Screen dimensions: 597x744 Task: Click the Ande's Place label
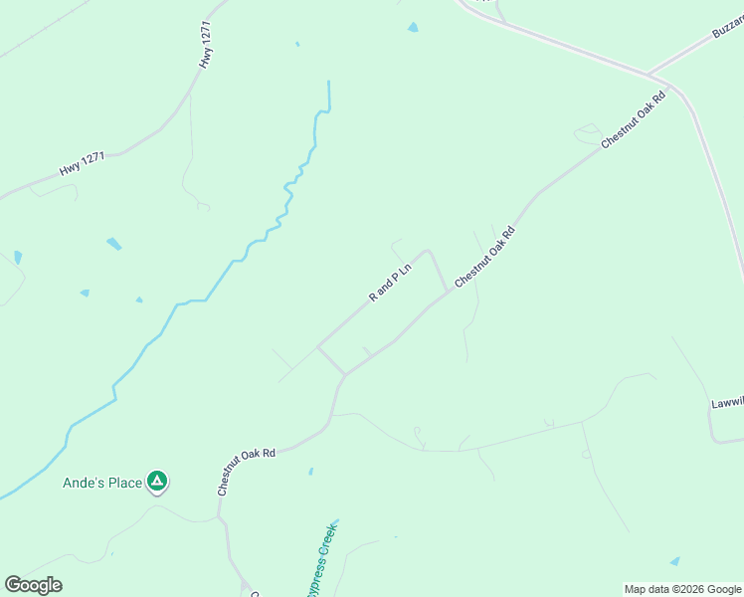click(102, 483)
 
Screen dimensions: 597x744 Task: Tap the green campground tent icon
click(156, 482)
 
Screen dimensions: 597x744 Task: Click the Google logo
click(33, 585)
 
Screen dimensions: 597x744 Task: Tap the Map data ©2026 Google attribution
click(682, 589)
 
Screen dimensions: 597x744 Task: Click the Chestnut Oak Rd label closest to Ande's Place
click(246, 472)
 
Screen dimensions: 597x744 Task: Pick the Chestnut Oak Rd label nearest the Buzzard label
click(633, 120)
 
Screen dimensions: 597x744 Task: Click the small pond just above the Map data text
click(675, 561)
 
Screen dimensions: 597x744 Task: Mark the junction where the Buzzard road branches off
click(648, 74)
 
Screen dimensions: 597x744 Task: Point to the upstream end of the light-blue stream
click(328, 83)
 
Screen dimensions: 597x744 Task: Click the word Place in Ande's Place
click(125, 483)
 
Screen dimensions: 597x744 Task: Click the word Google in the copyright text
click(719, 589)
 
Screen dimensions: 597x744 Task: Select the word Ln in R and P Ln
click(406, 268)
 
